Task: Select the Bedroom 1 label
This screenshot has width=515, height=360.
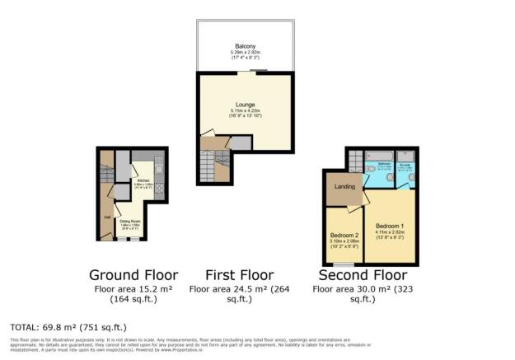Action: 391,226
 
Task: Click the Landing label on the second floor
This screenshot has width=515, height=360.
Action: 344,186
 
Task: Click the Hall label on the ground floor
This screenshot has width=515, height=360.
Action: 106,217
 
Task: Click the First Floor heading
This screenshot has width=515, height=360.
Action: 240,274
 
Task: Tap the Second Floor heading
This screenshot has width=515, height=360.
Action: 363,274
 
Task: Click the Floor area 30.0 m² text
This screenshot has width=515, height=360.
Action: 363,290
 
